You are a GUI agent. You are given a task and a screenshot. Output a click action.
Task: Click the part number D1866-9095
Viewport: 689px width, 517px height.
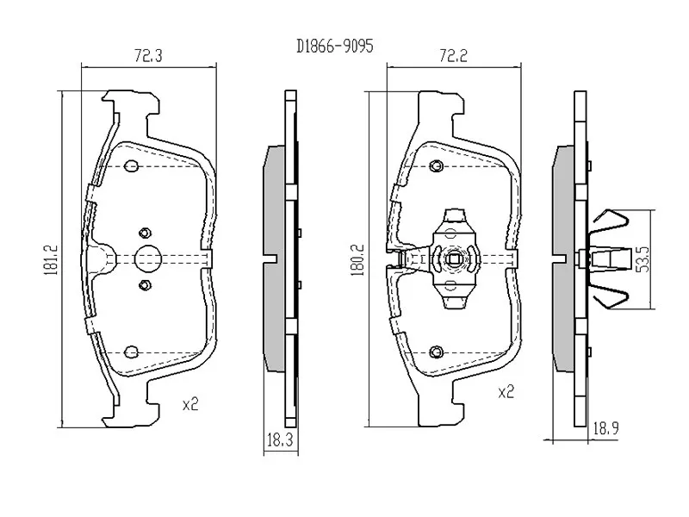click(335, 46)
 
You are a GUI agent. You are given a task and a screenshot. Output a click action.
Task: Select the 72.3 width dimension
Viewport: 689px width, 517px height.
click(148, 56)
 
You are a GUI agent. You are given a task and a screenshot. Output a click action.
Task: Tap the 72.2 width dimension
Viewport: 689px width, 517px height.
click(454, 56)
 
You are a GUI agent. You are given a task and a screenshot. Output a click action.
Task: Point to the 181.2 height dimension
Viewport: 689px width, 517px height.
click(50, 259)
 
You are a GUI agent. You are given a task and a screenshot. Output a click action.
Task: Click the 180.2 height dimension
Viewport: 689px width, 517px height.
click(357, 259)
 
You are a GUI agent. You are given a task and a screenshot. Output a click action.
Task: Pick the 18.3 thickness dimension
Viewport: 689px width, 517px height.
click(281, 439)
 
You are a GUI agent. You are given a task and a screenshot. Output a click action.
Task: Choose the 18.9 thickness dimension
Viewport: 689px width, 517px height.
click(606, 427)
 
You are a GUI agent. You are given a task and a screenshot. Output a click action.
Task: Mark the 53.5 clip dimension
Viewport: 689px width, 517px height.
click(642, 259)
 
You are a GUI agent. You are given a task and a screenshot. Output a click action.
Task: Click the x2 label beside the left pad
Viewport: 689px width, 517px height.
click(190, 403)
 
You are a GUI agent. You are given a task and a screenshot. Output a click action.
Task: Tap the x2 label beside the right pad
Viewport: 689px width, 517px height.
click(506, 391)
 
